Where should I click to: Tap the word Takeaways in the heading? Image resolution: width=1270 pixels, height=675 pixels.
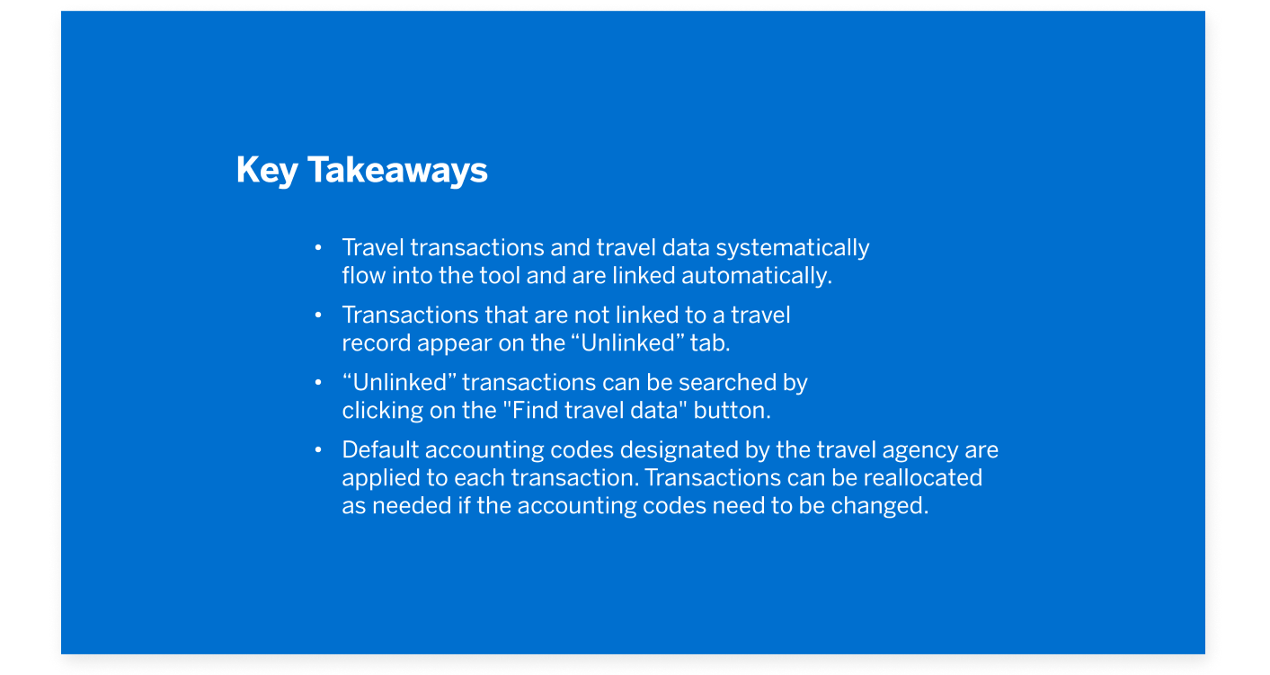(397, 170)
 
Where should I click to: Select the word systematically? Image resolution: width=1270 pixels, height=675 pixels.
(793, 247)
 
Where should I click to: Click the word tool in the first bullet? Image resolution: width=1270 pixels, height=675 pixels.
(500, 275)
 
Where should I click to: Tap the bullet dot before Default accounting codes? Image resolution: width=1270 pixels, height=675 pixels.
(317, 449)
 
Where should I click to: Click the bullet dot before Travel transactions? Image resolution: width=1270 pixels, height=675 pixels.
(317, 247)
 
